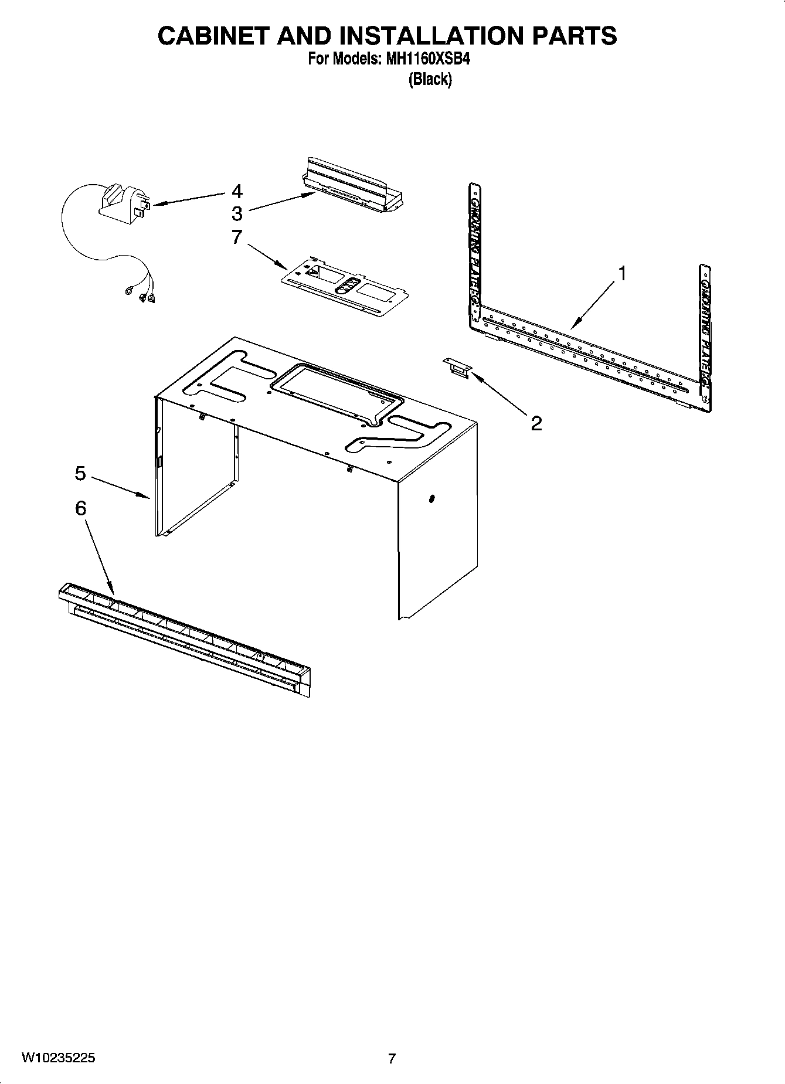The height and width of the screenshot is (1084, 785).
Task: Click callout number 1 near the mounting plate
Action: (x=622, y=274)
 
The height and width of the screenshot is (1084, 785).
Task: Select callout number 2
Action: (x=536, y=423)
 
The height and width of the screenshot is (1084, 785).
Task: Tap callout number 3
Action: (x=237, y=213)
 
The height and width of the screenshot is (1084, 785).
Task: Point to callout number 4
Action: (x=237, y=192)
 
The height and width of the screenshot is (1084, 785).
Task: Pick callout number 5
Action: (x=80, y=473)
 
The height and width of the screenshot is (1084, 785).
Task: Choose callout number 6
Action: (x=80, y=508)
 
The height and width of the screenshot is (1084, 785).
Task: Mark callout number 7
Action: (x=237, y=237)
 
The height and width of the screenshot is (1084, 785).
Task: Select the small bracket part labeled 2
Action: (x=457, y=368)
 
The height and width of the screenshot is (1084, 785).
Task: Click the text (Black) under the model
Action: (x=430, y=79)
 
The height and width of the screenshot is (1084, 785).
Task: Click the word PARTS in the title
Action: (x=575, y=36)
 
